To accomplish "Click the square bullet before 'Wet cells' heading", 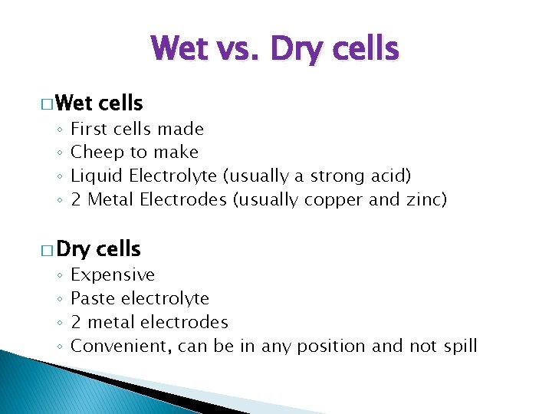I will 47,104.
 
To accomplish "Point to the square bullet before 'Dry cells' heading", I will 47,251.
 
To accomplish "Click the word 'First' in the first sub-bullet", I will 87,129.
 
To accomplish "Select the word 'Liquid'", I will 97,176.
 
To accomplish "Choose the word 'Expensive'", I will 113,275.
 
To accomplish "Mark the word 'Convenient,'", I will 121,347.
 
